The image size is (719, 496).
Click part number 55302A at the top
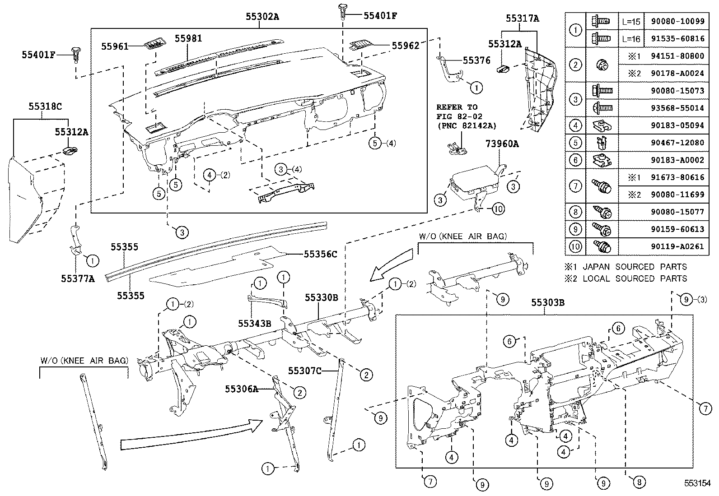click(x=262, y=17)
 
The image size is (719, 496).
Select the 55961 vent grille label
click(x=115, y=46)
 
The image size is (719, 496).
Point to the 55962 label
click(x=405, y=45)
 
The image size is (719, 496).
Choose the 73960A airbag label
click(x=502, y=144)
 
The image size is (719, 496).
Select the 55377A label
click(x=78, y=278)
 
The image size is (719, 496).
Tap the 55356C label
click(x=320, y=255)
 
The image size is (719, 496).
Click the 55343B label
click(x=255, y=323)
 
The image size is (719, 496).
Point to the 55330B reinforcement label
click(x=321, y=297)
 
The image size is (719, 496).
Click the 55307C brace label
click(x=305, y=371)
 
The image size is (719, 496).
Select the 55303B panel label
click(x=547, y=302)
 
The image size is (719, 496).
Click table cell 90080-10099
click(x=677, y=21)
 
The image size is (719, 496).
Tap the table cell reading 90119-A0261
click(x=677, y=246)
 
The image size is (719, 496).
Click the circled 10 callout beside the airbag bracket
click(x=498, y=209)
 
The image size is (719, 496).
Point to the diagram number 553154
click(x=697, y=483)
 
